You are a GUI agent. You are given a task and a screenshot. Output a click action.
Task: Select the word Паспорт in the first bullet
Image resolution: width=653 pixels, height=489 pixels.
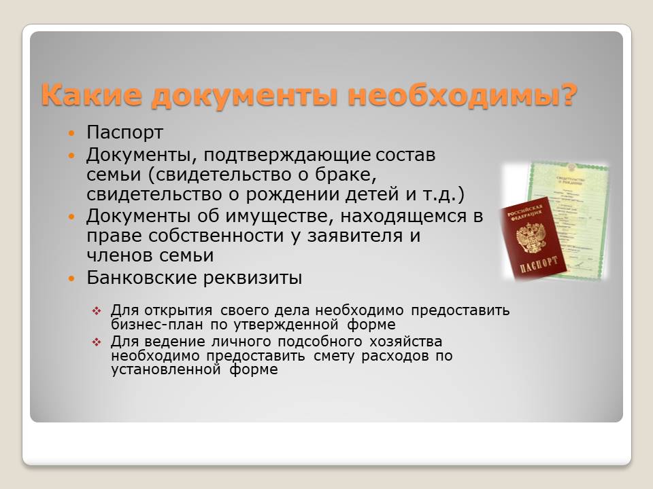pyautogui.click(x=124, y=132)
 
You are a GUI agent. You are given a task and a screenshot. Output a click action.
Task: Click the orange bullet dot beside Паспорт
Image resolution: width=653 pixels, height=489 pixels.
pyautogui.click(x=71, y=134)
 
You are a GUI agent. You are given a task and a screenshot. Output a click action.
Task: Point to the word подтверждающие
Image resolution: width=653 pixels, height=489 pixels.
pyautogui.click(x=287, y=155)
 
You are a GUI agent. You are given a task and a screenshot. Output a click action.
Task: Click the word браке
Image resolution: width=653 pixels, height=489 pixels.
pyautogui.click(x=346, y=175)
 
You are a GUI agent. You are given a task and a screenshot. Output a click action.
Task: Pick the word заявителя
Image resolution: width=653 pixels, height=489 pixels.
pyautogui.click(x=355, y=236)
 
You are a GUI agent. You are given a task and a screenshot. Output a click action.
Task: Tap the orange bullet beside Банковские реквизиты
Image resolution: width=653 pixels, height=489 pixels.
pyautogui.click(x=71, y=278)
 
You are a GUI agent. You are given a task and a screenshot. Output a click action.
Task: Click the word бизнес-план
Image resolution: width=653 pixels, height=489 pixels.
pyautogui.click(x=156, y=325)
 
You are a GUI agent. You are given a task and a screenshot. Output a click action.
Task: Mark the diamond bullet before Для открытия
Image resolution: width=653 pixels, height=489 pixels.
pyautogui.click(x=97, y=310)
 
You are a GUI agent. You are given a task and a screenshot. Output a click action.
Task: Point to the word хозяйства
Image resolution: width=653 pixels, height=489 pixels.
pyautogui.click(x=405, y=342)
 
